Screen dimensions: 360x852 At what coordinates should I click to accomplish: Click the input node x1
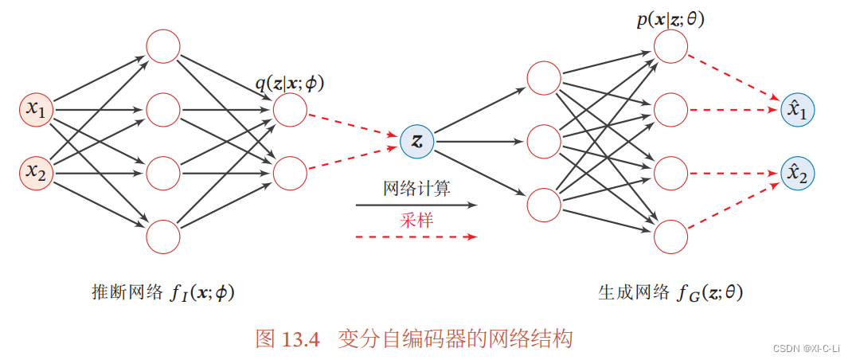pyautogui.click(x=36, y=110)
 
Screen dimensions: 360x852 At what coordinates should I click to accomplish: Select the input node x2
pyautogui.click(x=36, y=171)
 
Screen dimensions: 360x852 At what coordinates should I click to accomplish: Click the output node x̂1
pyautogui.click(x=797, y=110)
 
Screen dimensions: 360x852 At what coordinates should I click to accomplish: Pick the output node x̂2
pyautogui.click(x=797, y=173)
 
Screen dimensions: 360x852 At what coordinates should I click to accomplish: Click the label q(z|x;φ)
pyautogui.click(x=290, y=82)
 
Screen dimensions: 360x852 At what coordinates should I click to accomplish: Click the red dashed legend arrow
pyautogui.click(x=416, y=237)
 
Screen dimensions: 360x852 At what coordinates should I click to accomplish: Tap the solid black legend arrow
pyautogui.click(x=416, y=205)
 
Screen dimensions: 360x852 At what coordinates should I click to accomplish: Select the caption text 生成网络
pyautogui.click(x=633, y=292)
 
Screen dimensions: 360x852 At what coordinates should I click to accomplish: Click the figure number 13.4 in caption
pyautogui.click(x=300, y=338)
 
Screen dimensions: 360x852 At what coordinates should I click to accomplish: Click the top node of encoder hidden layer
pyautogui.click(x=163, y=47)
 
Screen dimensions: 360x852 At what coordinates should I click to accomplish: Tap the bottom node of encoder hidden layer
pyautogui.click(x=163, y=236)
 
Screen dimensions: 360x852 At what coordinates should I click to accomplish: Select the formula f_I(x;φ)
pyautogui.click(x=202, y=293)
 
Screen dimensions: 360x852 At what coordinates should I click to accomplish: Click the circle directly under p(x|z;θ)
pyautogui.click(x=670, y=47)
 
